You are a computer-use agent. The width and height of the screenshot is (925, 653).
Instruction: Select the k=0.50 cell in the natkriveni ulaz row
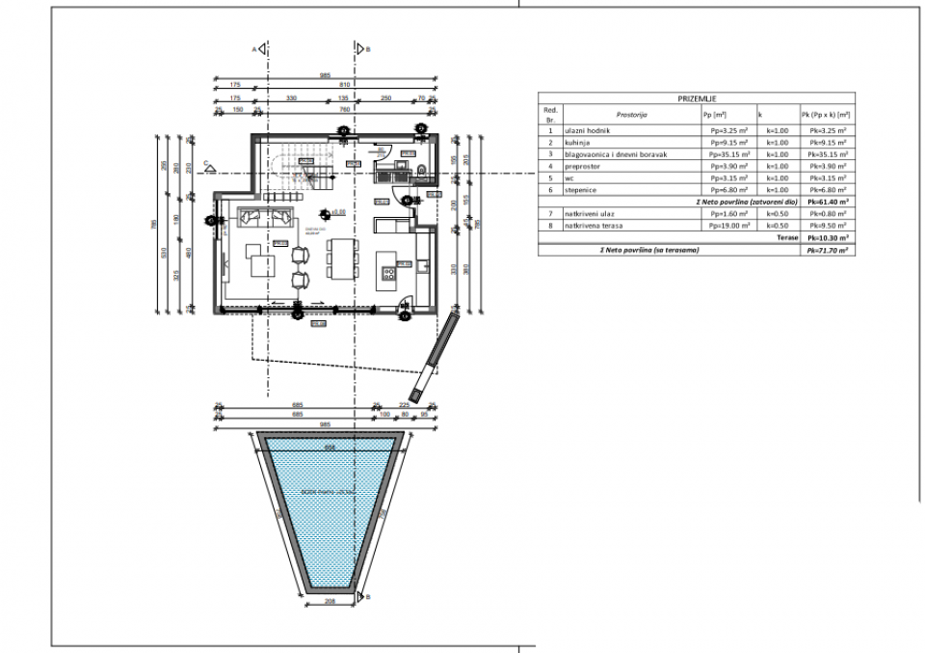778,214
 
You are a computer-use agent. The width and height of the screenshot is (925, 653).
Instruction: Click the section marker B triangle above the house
359,47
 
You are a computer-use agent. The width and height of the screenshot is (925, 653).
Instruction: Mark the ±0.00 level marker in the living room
327,212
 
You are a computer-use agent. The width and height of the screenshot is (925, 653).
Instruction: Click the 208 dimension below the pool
331,602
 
